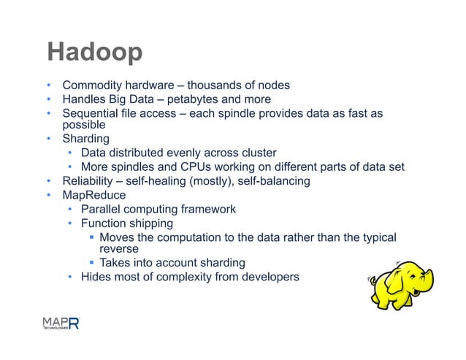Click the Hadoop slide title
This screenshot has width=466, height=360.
[94, 53]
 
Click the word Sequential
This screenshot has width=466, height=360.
[91, 113]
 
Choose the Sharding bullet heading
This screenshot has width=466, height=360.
[85, 138]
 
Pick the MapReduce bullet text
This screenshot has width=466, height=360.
[94, 195]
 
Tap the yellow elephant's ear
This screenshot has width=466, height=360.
[401, 281]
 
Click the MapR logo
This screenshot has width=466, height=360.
[59, 323]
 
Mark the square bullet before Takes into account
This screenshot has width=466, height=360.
[91, 263]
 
